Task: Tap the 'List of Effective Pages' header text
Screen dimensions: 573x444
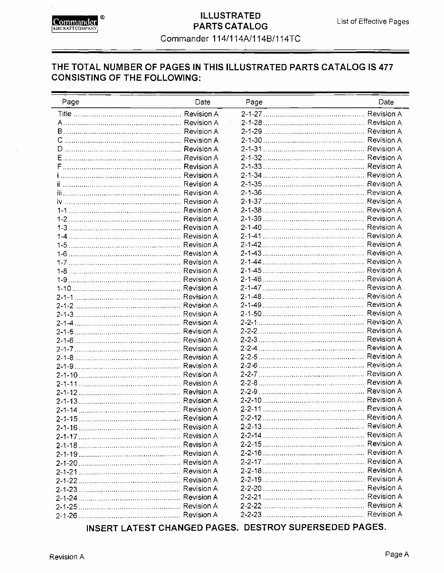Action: coord(373,21)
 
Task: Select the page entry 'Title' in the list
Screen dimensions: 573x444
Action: coord(65,114)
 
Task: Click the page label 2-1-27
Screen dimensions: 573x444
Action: coord(251,114)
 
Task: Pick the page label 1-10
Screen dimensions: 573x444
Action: coord(64,288)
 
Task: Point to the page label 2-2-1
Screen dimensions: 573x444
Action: coord(249,322)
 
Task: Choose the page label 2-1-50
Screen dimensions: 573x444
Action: coord(251,314)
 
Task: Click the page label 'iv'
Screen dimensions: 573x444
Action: coord(60,202)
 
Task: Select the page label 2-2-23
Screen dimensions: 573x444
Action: coord(251,514)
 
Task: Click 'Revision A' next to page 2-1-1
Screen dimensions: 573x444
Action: coord(200,297)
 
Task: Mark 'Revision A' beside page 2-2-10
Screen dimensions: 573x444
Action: coord(384,400)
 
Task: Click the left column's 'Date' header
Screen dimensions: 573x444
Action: coord(202,102)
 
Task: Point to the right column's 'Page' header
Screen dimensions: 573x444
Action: coord(254,102)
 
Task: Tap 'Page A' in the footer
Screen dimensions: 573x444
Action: coord(397,554)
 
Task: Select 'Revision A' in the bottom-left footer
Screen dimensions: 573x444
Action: coord(67,557)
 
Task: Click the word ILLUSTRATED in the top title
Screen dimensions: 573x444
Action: coord(230,16)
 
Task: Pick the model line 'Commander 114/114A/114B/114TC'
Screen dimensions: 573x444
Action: coord(230,38)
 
